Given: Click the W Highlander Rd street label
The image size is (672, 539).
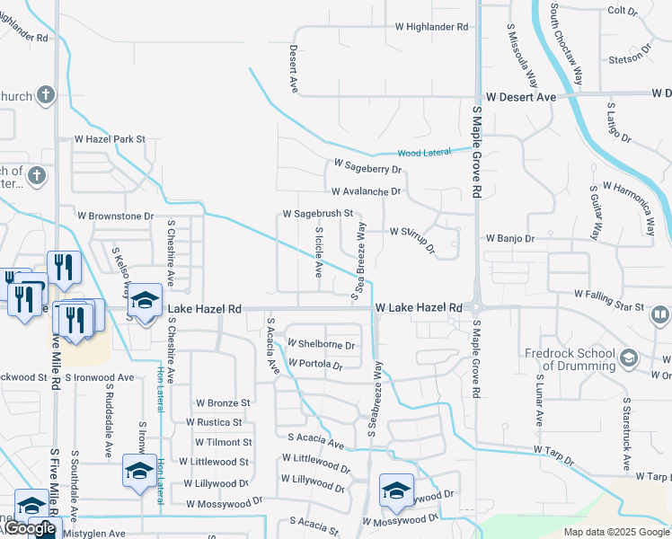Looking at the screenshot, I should pos(432,27).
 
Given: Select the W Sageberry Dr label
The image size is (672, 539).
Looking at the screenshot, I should pos(367,165).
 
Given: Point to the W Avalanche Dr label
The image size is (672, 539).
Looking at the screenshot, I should pos(365,191).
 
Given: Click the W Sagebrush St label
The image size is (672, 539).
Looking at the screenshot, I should pos(318,215).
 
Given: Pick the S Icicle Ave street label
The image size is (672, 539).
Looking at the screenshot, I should pos(318,252).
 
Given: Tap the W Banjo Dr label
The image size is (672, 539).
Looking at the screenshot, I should pos(510,239).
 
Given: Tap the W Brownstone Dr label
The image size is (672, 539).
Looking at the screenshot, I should pos(116,216).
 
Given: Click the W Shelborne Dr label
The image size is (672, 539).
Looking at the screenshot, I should pos(321,344).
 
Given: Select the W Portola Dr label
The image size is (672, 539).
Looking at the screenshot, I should pos(315,365).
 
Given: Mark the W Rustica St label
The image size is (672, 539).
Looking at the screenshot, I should pos(214,422).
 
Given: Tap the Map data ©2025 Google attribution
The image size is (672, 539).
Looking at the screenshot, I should pos(616,532).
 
